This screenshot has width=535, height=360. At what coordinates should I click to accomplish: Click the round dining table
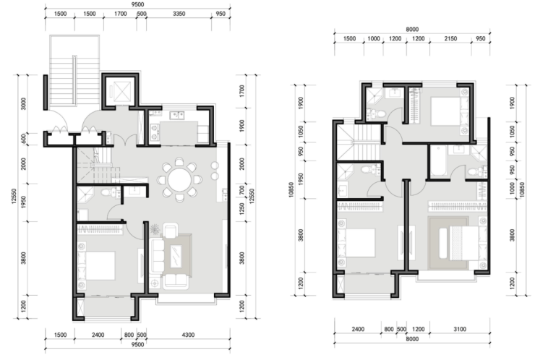point(180,179)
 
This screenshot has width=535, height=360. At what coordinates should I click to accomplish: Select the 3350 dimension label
point(179,14)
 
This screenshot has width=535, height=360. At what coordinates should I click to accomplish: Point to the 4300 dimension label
point(187,335)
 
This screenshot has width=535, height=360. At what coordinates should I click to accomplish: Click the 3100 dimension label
point(460,329)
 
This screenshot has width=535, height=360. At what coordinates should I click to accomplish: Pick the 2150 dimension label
point(450,38)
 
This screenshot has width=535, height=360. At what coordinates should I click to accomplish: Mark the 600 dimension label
point(24,139)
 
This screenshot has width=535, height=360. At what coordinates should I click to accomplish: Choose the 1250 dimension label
point(242,209)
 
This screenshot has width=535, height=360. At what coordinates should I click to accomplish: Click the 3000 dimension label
point(24,103)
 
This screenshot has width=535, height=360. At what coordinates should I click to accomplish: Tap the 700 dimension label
point(242,190)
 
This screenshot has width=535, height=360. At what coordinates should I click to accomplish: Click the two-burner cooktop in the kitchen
point(154,132)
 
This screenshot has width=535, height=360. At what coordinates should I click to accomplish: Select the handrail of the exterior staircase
point(74,80)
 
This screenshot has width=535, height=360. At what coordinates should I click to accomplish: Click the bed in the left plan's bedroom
point(100,266)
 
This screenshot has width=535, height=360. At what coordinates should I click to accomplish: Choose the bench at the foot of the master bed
point(443,243)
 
